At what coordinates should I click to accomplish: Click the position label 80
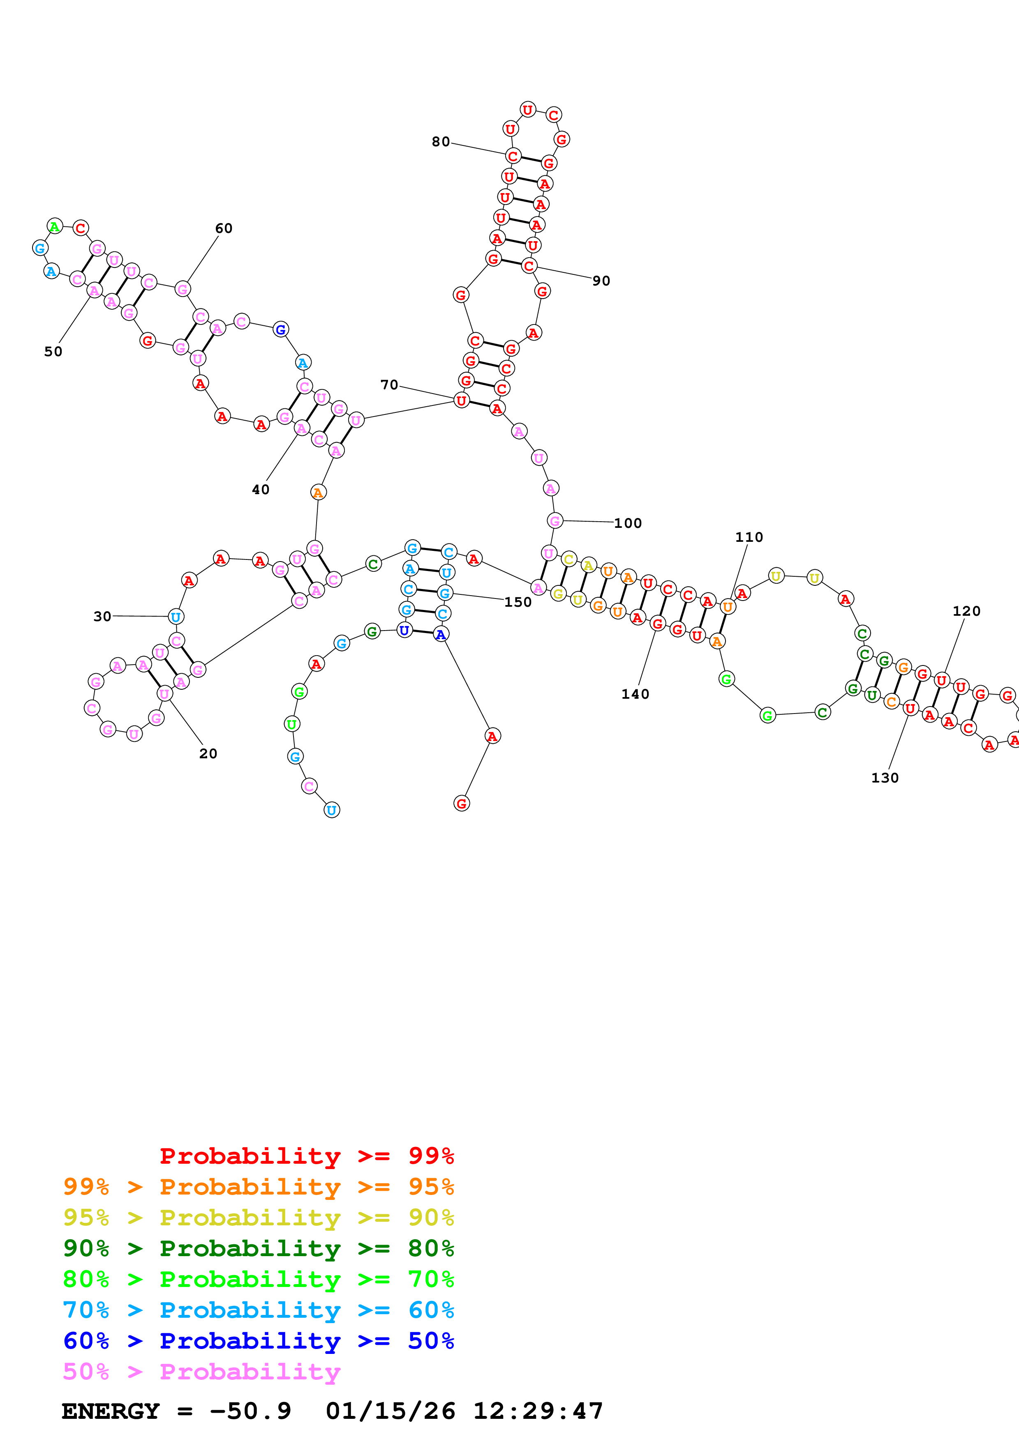click(440, 142)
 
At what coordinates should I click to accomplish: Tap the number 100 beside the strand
click(627, 523)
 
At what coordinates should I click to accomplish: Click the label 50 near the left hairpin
click(53, 352)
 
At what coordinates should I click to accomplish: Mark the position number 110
click(749, 537)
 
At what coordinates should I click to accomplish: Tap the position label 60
click(224, 228)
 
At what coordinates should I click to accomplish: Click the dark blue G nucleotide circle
click(281, 329)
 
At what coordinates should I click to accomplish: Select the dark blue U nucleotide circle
click(404, 630)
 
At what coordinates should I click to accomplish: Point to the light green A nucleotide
click(55, 227)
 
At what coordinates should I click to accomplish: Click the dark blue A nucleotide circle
click(441, 635)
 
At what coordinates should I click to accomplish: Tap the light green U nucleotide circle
click(292, 724)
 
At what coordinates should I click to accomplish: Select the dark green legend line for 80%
click(258, 1249)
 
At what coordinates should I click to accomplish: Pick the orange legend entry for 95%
click(258, 1187)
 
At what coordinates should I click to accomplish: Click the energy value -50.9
click(250, 1411)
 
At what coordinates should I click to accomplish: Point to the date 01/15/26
click(390, 1411)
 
